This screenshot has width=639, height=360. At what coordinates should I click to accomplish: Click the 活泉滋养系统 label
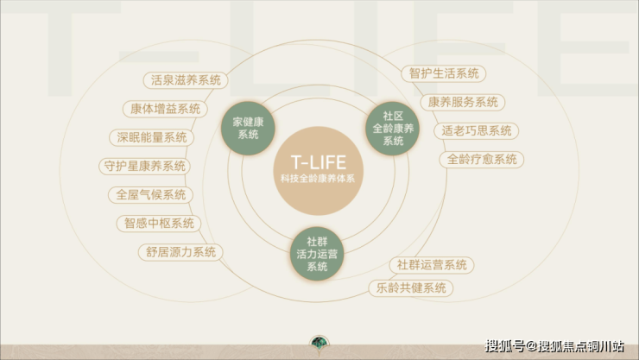click(186, 80)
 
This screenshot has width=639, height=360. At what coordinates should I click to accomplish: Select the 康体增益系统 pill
click(165, 109)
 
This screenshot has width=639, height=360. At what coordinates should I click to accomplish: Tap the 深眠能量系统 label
click(152, 137)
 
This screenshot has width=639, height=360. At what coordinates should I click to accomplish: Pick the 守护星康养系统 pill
click(144, 166)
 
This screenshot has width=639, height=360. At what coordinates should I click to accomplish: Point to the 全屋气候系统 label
click(151, 195)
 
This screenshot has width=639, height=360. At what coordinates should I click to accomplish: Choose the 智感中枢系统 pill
click(159, 224)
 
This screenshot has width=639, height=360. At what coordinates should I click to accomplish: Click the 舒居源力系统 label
click(180, 252)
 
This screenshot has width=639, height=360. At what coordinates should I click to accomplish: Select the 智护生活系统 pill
click(443, 73)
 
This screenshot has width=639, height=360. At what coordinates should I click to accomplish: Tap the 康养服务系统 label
click(464, 102)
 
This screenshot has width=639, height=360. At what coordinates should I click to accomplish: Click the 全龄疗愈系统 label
click(483, 159)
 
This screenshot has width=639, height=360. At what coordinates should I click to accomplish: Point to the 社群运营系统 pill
click(432, 264)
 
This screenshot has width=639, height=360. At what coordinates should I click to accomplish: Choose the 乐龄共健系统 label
click(411, 287)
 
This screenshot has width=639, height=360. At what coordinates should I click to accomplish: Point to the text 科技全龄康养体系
click(318, 178)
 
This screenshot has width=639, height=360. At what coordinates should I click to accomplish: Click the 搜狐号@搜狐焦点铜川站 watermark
click(554, 346)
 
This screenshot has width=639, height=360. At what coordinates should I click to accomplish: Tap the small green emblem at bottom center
click(319, 346)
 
